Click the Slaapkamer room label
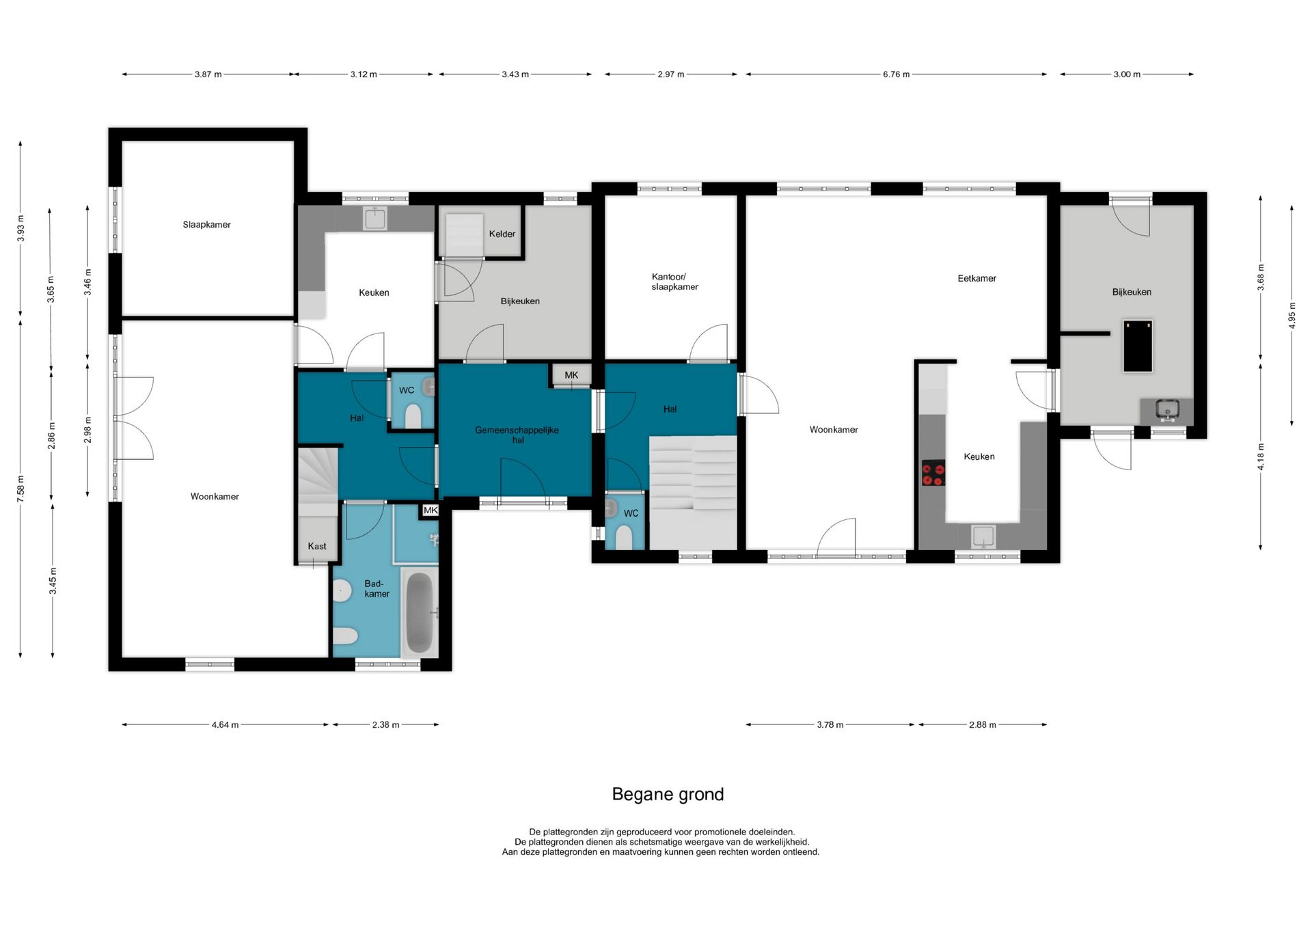tap(206, 225)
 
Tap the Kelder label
tap(502, 234)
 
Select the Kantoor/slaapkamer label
tap(674, 282)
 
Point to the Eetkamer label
tap(976, 278)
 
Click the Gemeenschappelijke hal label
tap(517, 435)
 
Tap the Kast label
tap(317, 546)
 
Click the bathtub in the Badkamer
tap(420, 613)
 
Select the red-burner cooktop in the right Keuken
tap(933, 473)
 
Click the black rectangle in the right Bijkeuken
tap(1138, 346)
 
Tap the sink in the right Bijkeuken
tap(1167, 410)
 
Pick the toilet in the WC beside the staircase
tap(624, 537)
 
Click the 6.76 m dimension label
tap(896, 74)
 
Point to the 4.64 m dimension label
tap(225, 725)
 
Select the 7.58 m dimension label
tap(20, 489)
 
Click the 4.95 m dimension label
tap(1291, 316)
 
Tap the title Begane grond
tap(668, 794)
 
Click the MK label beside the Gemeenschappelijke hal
tap(571, 374)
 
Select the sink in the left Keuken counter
tap(375, 219)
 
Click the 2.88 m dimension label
tap(983, 725)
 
